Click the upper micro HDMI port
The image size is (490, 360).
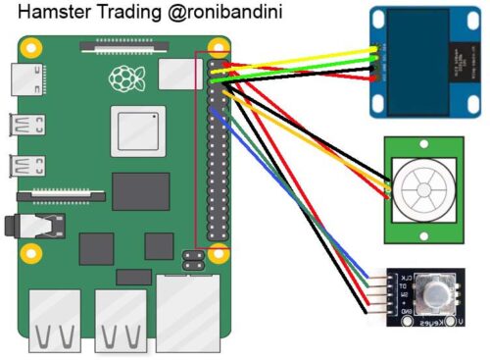click(19, 126)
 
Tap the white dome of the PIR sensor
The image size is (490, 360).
click(423, 186)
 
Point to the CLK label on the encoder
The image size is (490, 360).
click(399, 280)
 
